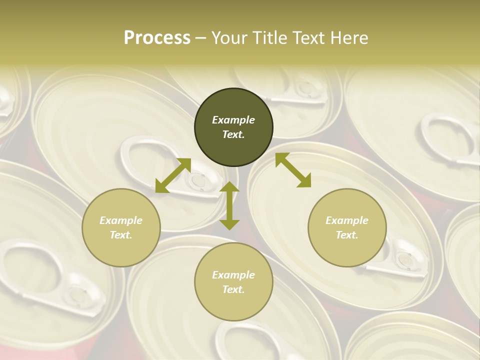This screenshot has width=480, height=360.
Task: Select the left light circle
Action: [121, 227]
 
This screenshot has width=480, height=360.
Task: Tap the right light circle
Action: [347, 227]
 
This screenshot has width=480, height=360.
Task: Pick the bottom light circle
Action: [233, 282]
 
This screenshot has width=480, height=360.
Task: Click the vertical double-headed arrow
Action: [229, 205]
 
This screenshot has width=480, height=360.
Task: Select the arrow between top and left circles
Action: [173, 175]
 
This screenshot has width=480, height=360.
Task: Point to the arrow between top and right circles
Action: [293, 170]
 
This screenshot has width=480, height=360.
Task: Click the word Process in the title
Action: [157, 38]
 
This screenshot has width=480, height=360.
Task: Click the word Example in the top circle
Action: [233, 120]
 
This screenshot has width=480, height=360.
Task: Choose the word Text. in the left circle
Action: [121, 235]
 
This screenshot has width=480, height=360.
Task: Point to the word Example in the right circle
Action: [347, 220]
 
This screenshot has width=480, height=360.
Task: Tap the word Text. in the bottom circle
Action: [233, 289]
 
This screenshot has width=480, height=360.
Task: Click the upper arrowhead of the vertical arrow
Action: [229, 187]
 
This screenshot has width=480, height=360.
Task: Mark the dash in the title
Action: [201, 38]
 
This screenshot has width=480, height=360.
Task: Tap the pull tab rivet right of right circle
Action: [404, 257]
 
